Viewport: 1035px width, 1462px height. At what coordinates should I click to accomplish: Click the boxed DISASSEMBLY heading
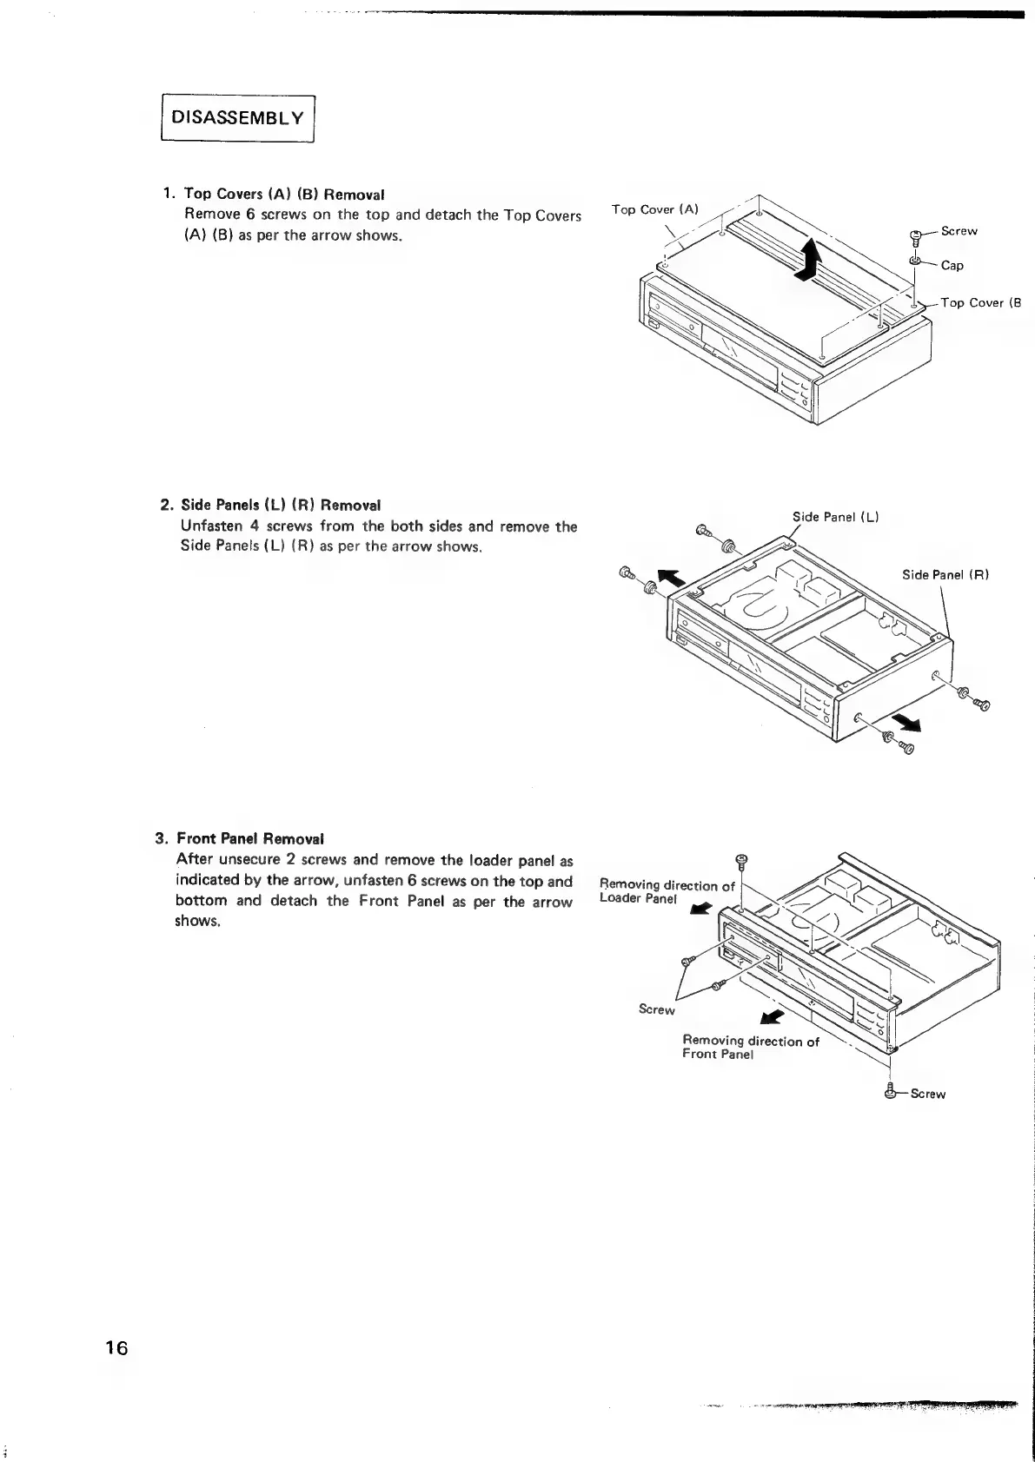pyautogui.click(x=237, y=117)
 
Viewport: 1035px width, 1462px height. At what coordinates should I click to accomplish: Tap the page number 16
pyautogui.click(x=116, y=1347)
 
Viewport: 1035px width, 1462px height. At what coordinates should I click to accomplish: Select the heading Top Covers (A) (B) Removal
pyautogui.click(x=284, y=194)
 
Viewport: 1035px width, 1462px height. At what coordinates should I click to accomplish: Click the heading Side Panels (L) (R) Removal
pyautogui.click(x=281, y=505)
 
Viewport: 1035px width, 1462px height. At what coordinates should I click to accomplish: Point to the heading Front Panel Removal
pyautogui.click(x=250, y=838)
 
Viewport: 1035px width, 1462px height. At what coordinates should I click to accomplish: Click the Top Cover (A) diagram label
pyautogui.click(x=654, y=209)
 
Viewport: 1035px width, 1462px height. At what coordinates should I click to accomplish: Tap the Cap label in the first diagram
pyautogui.click(x=952, y=266)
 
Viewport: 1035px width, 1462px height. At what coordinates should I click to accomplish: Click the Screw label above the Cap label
pyautogui.click(x=959, y=231)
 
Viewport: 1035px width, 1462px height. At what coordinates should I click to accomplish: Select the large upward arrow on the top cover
pyautogui.click(x=809, y=260)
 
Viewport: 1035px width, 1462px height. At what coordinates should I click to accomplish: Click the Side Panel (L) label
pyautogui.click(x=835, y=517)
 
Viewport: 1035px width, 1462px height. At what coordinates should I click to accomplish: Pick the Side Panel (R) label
pyautogui.click(x=945, y=574)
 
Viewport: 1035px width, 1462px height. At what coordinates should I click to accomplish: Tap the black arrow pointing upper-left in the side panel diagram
pyautogui.click(x=670, y=578)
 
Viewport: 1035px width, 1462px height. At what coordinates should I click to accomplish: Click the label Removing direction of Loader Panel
pyautogui.click(x=667, y=891)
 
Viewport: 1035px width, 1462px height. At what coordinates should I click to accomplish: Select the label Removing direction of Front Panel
pyautogui.click(x=750, y=1047)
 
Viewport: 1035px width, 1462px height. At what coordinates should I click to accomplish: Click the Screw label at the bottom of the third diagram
pyautogui.click(x=927, y=1094)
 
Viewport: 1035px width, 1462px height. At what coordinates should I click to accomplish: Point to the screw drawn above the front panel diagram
pyautogui.click(x=741, y=862)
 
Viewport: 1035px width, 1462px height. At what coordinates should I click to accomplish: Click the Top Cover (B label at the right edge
pyautogui.click(x=981, y=303)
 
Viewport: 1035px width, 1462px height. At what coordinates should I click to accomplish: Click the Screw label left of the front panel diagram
pyautogui.click(x=656, y=1009)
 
